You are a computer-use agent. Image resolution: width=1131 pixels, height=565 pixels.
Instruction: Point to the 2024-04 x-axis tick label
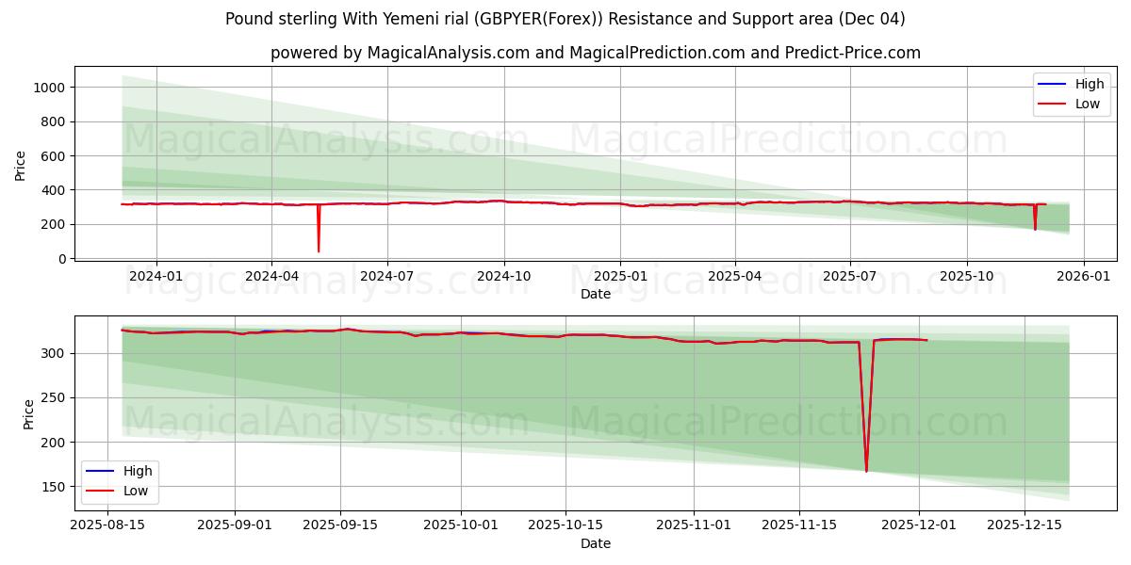point(271,276)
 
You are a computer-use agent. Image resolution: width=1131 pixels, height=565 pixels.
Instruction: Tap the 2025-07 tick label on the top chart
point(850,276)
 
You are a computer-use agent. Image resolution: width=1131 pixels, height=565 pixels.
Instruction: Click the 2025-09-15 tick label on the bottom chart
point(340,525)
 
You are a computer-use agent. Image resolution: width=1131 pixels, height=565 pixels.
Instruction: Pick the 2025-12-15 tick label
point(1024,525)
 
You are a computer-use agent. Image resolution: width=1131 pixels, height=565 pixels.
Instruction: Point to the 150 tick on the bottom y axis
point(55,487)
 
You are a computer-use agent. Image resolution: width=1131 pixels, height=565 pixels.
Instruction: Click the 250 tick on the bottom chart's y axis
point(55,397)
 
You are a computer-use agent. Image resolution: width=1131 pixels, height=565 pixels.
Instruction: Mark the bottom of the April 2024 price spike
point(319,250)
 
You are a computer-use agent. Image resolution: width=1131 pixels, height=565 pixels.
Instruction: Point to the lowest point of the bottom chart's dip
point(866,471)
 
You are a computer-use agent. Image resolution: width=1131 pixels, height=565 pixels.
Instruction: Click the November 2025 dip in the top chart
point(1035,229)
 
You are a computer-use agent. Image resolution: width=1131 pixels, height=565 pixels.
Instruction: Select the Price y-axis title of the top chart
point(21,165)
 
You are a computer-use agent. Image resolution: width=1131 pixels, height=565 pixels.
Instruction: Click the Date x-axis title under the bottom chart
point(595,543)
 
